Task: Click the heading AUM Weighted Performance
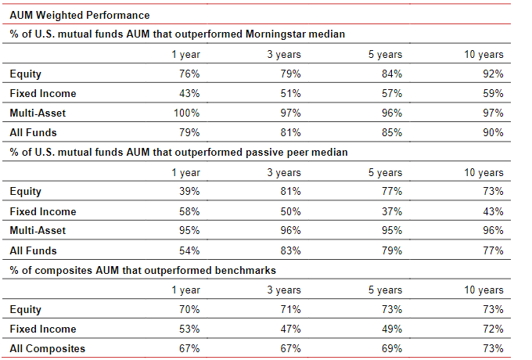(80, 16)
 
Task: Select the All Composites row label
(48, 349)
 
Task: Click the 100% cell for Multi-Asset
(187, 113)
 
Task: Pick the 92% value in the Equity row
(493, 74)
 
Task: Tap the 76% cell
(189, 74)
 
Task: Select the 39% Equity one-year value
(189, 192)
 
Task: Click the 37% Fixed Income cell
(392, 212)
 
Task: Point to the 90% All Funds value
(493, 133)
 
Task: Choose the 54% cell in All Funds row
(189, 250)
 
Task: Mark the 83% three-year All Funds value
(290, 250)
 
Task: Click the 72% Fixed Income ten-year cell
(493, 329)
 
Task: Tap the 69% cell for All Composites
(392, 349)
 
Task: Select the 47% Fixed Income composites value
(290, 329)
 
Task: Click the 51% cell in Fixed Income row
(290, 94)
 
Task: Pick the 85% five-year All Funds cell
(392, 133)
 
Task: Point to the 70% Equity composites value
(189, 309)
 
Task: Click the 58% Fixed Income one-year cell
(189, 212)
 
